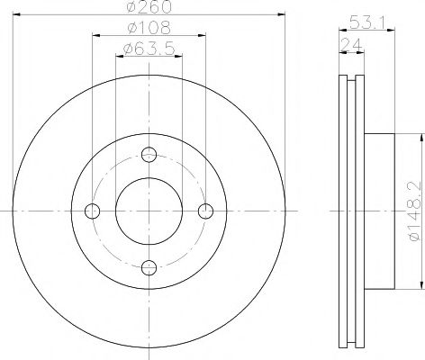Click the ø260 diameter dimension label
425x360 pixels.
coord(149,6)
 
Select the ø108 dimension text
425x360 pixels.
coord(149,28)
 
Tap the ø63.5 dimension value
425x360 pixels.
coord(149,49)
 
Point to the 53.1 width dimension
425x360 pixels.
coord(367,22)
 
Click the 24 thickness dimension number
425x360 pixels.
coord(351,45)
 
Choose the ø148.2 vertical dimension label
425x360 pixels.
coord(416,211)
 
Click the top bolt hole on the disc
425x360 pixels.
coord(149,155)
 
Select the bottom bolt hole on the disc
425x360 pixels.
coord(149,267)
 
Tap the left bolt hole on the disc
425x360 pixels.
coord(93,211)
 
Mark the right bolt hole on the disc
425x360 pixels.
coord(206,211)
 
